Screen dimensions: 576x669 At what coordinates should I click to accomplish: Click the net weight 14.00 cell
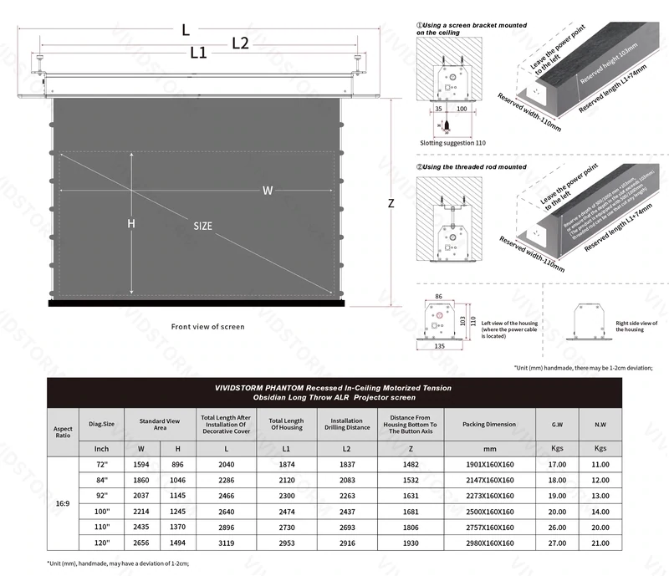(x=600, y=511)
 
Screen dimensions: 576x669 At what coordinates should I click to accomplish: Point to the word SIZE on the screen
(x=202, y=226)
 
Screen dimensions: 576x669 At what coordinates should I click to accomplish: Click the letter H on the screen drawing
(x=130, y=223)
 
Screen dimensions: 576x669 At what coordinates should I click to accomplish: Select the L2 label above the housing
(x=240, y=43)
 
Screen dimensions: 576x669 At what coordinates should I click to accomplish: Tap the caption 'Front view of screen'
(x=208, y=326)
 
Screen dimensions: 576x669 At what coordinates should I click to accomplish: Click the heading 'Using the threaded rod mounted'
(x=475, y=166)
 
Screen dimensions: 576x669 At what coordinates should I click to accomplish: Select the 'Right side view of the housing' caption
(x=636, y=326)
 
